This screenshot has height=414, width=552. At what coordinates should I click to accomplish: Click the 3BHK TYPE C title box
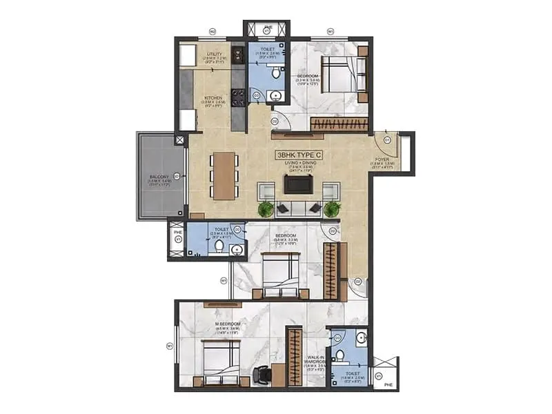point(299,155)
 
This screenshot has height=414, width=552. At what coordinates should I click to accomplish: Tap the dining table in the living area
point(224,175)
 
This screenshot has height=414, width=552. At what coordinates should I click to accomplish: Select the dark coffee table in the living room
point(298,184)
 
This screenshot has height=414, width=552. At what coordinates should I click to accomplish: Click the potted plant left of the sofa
point(265,208)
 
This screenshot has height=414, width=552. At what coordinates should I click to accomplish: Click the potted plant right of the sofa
point(332,208)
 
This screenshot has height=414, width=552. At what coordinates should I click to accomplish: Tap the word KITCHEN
point(214,98)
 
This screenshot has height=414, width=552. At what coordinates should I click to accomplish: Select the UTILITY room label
point(213,53)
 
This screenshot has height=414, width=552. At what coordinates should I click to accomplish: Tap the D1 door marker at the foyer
point(387,140)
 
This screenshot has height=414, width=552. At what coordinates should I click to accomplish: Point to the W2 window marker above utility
point(213,32)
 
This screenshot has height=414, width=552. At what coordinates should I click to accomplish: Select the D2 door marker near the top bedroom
point(274,121)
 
